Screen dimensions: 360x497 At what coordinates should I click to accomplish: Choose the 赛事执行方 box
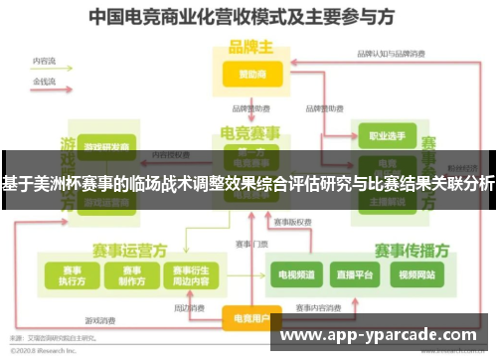[71, 274]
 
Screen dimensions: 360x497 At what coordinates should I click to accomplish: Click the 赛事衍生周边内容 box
[190, 274]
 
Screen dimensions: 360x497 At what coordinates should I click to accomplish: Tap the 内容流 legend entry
[44, 61]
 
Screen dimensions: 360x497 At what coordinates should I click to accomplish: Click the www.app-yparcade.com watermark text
[383, 334]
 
